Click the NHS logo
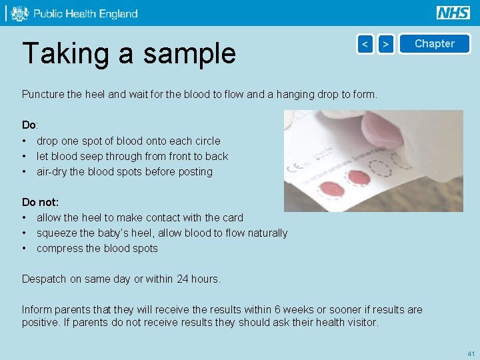point(453,13)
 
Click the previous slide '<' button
point(365,44)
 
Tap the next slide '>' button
point(385,44)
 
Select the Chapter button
point(434,44)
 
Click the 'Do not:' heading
point(40,202)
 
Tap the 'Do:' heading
point(30,125)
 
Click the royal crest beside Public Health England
point(19,13)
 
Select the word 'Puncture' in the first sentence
point(43,95)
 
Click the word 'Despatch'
point(44,279)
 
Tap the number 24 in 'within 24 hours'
point(182,279)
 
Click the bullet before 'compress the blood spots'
point(25,249)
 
